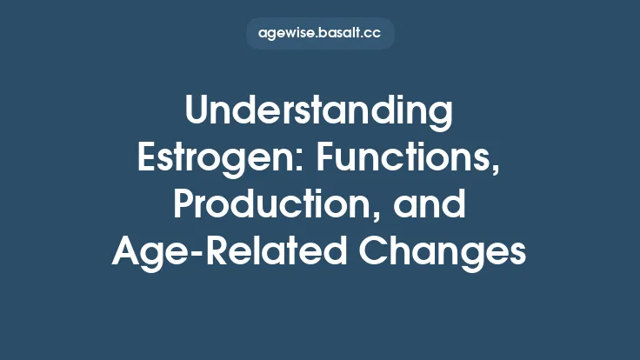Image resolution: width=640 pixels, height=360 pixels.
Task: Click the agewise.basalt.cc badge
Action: click(320, 34)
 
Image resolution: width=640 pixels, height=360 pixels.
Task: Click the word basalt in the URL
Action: click(341, 34)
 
